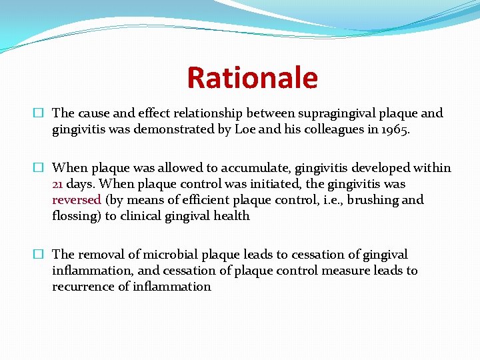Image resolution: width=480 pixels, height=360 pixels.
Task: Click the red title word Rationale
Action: (x=252, y=78)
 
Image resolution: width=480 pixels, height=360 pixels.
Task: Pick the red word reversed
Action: (x=77, y=200)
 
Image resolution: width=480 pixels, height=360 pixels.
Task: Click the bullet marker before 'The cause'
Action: (x=41, y=114)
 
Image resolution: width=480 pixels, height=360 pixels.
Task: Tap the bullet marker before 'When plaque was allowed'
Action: (x=41, y=169)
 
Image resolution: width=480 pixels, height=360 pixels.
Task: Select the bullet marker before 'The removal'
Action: (x=41, y=255)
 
